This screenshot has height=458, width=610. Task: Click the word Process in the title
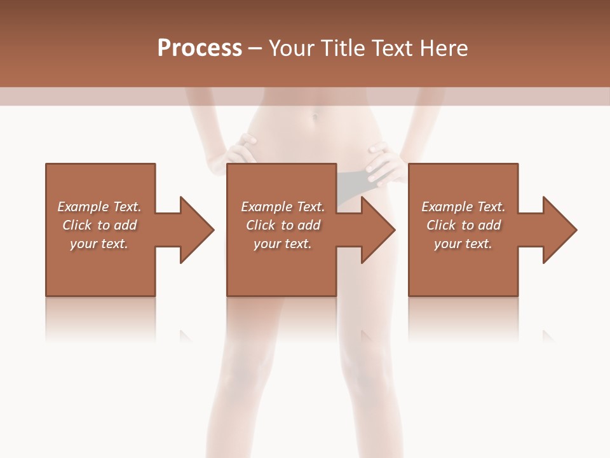pos(200,48)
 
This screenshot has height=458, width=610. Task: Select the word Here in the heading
pos(444,48)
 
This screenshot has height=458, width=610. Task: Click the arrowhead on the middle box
pos(377,230)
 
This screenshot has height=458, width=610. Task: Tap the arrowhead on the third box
pos(559,230)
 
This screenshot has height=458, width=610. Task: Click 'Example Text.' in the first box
pos(99,207)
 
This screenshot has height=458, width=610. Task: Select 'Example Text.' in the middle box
pos(282,207)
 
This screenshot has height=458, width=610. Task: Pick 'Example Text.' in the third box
pos(463,207)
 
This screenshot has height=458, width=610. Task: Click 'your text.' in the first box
pos(99,244)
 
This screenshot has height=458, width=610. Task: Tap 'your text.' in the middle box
pos(282,244)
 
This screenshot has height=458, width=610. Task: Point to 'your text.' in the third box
pos(463,244)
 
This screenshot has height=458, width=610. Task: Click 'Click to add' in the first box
pos(99,225)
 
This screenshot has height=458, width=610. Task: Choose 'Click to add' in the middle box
pos(282,225)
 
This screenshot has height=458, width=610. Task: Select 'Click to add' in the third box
pos(463,225)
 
